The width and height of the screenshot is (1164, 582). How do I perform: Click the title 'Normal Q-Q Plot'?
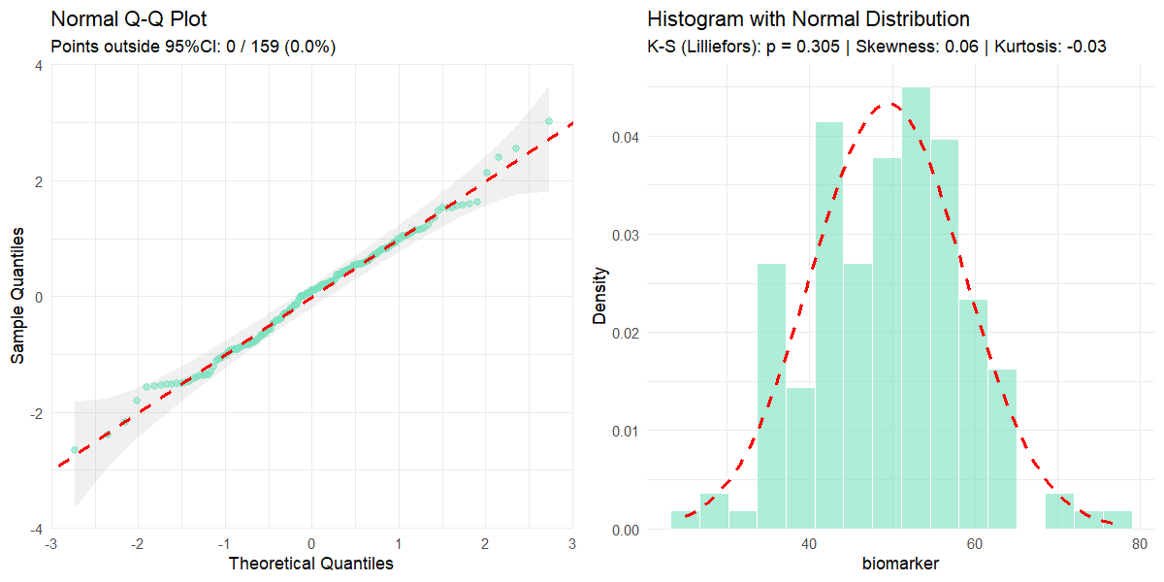click(x=128, y=19)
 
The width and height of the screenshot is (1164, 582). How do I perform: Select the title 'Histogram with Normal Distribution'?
click(x=808, y=19)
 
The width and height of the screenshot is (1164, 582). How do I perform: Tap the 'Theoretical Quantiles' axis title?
click(x=310, y=563)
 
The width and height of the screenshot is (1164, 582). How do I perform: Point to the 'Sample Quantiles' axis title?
click(x=18, y=297)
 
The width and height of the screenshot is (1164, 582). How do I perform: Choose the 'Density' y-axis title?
click(x=600, y=297)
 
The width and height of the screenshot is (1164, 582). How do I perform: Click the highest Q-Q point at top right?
click(x=549, y=121)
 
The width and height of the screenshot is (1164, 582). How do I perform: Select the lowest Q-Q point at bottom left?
click(x=75, y=450)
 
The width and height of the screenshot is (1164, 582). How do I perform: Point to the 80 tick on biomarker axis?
click(x=1141, y=542)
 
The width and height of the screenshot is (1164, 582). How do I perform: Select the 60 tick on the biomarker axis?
click(x=976, y=542)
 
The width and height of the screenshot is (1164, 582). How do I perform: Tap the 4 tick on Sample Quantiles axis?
click(x=38, y=65)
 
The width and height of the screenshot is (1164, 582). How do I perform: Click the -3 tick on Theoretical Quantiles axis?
click(x=50, y=542)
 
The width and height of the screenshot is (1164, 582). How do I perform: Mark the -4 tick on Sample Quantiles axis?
click(x=35, y=529)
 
